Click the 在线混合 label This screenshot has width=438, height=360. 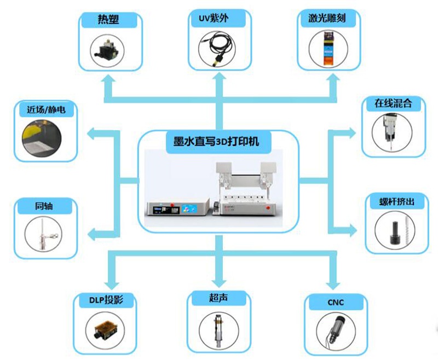point(393,103)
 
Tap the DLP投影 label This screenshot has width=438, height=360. point(103,299)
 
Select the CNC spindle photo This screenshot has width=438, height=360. point(335,329)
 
